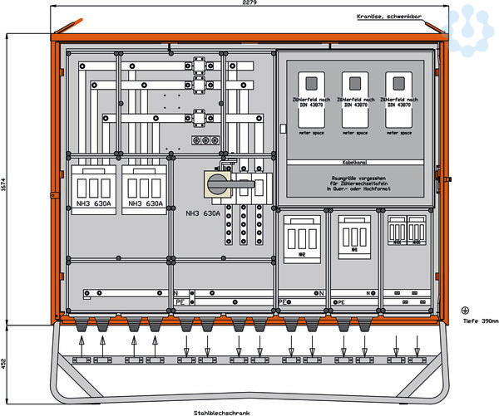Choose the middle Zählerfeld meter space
(x=355, y=103)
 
